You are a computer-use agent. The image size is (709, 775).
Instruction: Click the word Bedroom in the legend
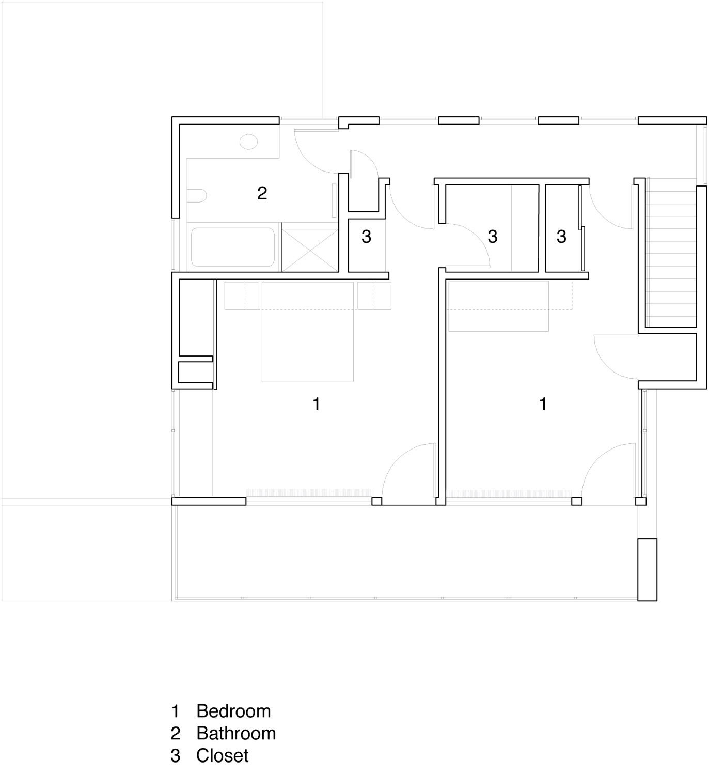[233, 711]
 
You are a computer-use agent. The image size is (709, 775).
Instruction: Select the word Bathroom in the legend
[236, 733]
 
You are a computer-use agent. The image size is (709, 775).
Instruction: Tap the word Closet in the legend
[222, 755]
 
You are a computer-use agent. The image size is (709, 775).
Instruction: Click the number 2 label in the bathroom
[262, 193]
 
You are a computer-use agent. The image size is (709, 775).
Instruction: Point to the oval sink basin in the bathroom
[248, 142]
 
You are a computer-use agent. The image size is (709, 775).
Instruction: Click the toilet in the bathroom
[197, 196]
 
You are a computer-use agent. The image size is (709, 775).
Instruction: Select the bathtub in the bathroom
[233, 247]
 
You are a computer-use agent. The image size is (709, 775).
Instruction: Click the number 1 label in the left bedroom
[316, 404]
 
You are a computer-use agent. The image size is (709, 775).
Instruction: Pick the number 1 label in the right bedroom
[543, 404]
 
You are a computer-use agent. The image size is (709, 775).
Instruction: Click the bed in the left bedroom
[307, 332]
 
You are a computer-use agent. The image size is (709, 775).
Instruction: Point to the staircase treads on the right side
[671, 252]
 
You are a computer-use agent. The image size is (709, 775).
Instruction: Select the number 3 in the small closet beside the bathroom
[366, 237]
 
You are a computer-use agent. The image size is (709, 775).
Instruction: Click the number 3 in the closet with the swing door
[492, 237]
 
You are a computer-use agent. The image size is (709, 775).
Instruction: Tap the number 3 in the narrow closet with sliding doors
[561, 237]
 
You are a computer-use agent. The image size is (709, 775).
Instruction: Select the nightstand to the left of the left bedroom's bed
[241, 296]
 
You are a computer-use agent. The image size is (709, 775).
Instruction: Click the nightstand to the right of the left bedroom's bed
[374, 296]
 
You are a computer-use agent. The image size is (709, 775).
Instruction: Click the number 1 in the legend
[175, 711]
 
